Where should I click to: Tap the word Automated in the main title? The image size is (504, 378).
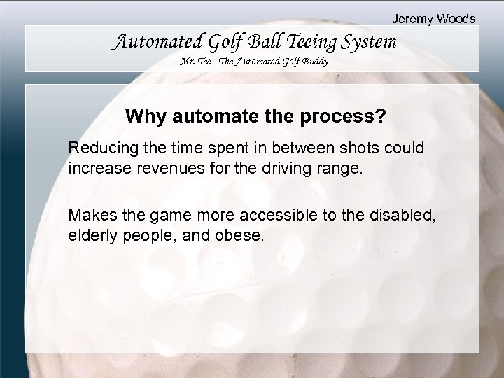pos(149,43)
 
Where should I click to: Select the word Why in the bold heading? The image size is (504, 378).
pos(142,115)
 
